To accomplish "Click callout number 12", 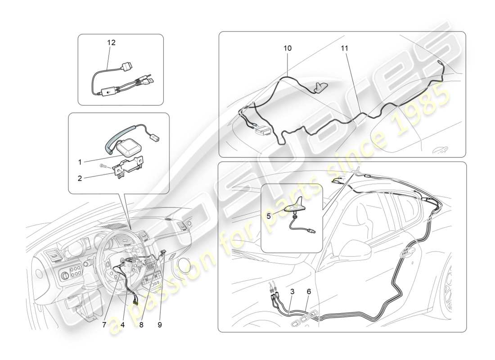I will point(111,43).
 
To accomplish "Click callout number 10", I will point(288,48).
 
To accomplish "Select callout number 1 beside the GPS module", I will point(80,162).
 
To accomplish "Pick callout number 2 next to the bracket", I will point(80,178).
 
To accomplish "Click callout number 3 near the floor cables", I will point(292,292).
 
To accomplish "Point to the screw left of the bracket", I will point(103,166).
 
